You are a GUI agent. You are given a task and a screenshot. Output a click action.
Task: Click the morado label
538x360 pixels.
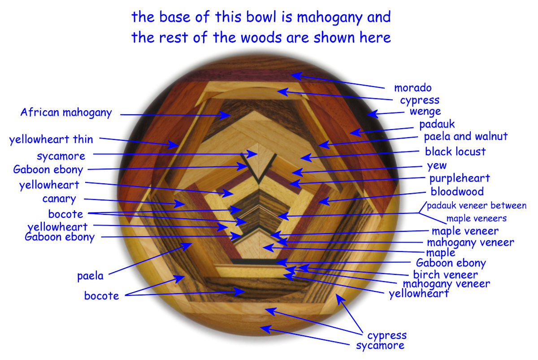pos(412,88)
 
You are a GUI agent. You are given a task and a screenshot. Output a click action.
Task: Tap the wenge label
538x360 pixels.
pos(425,111)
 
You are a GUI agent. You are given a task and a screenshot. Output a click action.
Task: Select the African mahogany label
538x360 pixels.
pos(66,113)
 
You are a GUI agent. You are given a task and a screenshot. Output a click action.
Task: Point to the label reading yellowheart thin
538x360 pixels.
pos(51,140)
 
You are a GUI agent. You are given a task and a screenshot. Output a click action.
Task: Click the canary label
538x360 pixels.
pos(59,199)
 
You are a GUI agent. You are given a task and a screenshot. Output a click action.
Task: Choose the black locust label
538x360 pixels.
pos(455,152)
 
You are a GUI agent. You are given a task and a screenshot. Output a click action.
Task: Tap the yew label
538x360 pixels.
pos(437,165)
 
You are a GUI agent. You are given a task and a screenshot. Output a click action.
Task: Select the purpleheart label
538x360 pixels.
pos(460,178)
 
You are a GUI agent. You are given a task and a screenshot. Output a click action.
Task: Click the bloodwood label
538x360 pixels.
pos(457,192)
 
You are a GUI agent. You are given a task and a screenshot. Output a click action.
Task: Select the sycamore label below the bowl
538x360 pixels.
pos(380,345)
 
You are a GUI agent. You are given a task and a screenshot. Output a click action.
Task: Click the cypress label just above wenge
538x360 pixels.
pos(420,100)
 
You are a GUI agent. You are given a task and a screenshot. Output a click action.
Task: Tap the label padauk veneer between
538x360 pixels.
pos(476,206)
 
